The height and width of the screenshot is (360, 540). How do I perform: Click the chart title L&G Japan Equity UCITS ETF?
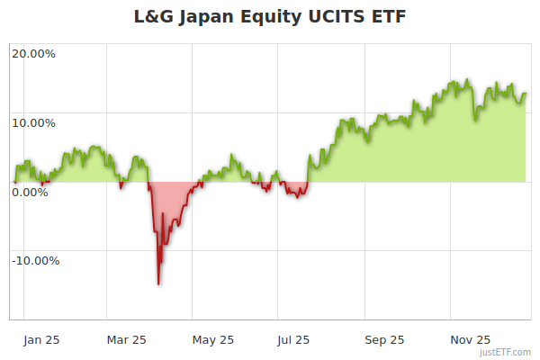pos(270,17)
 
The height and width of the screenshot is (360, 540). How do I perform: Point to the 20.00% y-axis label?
pos(33,54)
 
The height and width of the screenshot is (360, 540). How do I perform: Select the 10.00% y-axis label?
pos(33,123)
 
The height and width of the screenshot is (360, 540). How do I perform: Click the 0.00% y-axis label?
pos(31,192)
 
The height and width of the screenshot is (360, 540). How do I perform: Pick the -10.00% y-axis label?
pos(35,261)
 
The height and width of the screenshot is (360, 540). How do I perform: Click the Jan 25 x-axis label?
pos(41,339)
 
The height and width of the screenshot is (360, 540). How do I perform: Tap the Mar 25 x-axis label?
pos(127,339)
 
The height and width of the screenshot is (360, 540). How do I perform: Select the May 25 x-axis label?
pos(213,339)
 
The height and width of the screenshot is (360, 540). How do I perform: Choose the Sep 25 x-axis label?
pos(384,339)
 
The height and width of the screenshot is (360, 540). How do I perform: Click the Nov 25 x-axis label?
pos(470,339)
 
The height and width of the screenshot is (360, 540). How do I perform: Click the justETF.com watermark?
pos(507,352)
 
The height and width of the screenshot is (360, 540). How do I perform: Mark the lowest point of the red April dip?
pos(158,284)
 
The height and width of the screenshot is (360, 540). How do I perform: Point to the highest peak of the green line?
pos(466,79)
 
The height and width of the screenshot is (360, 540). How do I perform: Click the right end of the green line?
pos(526,93)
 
